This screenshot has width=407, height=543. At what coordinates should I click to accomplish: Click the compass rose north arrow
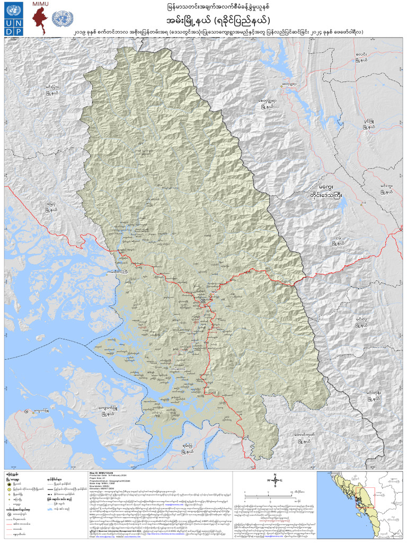275,479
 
